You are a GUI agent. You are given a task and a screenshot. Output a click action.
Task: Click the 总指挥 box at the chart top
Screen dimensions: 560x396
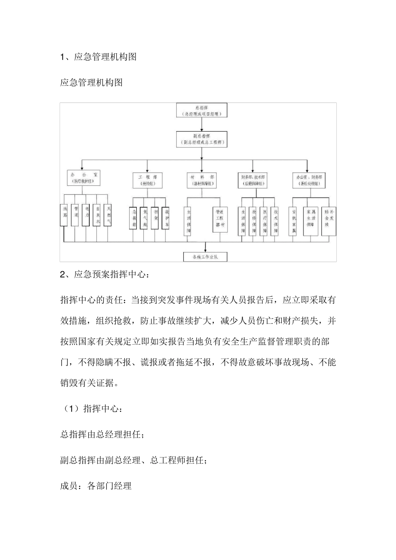click(x=202, y=111)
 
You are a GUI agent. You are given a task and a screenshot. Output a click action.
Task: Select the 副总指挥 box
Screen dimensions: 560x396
click(x=202, y=139)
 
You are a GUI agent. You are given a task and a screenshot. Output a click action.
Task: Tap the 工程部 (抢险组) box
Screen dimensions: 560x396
click(x=147, y=180)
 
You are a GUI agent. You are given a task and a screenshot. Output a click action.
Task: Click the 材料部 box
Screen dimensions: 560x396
click(x=202, y=180)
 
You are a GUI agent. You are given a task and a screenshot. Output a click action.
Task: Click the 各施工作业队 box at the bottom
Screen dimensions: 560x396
click(x=206, y=257)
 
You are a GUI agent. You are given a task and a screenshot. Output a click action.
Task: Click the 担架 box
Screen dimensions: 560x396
click(x=155, y=218)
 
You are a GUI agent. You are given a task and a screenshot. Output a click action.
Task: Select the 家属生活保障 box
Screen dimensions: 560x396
click(x=311, y=221)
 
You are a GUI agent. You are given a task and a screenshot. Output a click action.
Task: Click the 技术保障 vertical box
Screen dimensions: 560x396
click(x=275, y=221)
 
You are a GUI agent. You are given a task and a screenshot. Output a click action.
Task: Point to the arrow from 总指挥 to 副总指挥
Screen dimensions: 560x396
click(x=202, y=124)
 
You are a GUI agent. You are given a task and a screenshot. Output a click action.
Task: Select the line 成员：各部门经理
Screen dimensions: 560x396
click(x=96, y=486)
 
